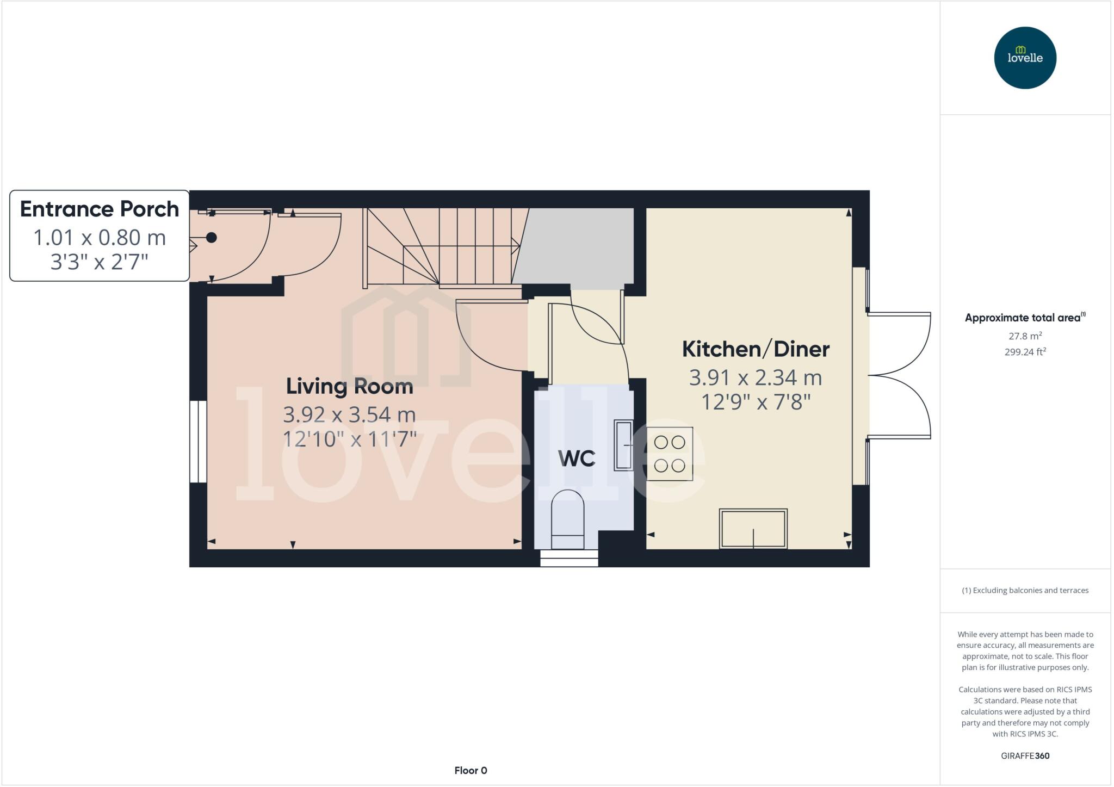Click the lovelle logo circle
coord(1025,58)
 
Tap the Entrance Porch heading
coord(100,209)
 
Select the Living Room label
coord(350,386)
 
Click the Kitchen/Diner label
coord(756,349)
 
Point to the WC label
coord(577,458)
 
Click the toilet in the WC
coord(567,519)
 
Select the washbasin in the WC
coord(623,445)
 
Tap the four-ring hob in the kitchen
coord(670,454)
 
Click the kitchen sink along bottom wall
coord(753,528)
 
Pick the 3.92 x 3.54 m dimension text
coord(349,414)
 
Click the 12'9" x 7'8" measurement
coord(756,402)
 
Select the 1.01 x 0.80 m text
coord(100,238)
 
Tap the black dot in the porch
coord(212,238)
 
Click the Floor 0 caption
coord(471,770)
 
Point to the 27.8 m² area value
coord(1025,336)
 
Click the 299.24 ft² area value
coord(1025,352)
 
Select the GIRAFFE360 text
coord(1025,755)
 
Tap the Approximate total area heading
coord(1024,318)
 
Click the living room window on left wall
coord(198,442)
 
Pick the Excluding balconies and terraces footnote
coord(1025,590)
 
